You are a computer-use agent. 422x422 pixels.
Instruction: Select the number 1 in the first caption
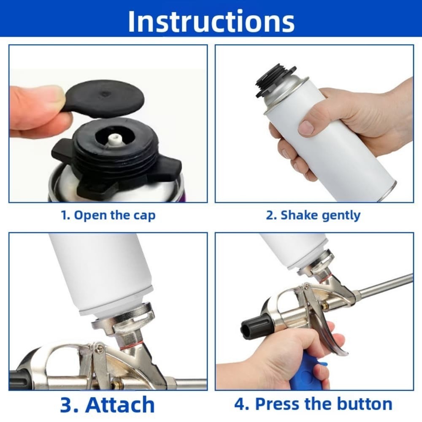pos(65,215)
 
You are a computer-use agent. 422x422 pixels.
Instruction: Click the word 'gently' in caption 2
pos(341,215)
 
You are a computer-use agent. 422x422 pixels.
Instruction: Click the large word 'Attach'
pos(120,404)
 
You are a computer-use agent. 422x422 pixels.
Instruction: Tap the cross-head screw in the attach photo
pos(100,347)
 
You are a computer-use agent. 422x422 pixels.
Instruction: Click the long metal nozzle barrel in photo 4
pos(386,285)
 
